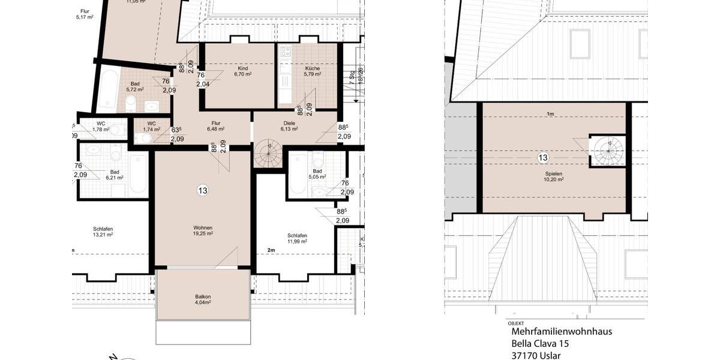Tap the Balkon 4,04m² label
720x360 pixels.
203,299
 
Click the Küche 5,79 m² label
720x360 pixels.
312,71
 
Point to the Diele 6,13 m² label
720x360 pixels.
289,125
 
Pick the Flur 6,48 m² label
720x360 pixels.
215,125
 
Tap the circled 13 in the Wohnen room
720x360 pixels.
203,191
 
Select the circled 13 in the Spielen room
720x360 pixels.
543,158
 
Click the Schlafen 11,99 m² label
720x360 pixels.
297,238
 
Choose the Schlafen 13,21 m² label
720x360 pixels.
103,232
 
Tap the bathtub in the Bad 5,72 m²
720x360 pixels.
107,91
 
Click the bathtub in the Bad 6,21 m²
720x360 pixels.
137,175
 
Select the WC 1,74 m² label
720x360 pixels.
151,127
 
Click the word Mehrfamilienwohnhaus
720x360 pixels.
561,331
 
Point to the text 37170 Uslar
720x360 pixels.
536,355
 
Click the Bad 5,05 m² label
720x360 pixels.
317,174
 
